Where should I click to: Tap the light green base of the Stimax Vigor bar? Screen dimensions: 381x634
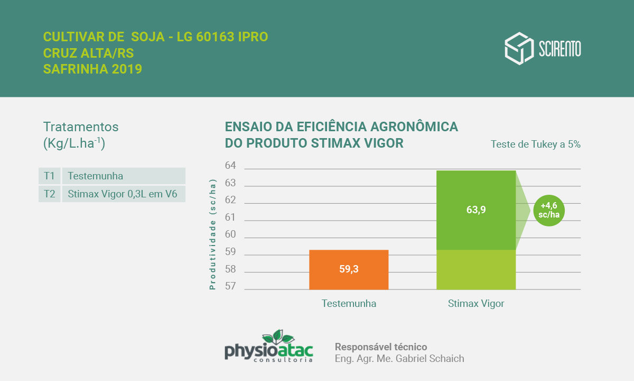tap(475, 270)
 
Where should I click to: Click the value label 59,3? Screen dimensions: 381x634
tap(349, 269)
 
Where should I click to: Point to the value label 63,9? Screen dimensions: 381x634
tap(475, 210)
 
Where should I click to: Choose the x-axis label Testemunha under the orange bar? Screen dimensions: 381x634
tap(349, 304)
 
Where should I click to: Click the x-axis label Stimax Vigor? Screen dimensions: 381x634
tap(475, 304)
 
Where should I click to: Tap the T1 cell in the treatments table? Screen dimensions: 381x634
tap(49, 176)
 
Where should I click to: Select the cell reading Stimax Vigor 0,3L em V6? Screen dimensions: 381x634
tap(123, 194)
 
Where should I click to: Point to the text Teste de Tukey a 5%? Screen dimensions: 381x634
tap(535, 144)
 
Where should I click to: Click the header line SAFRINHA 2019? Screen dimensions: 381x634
tap(92, 69)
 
